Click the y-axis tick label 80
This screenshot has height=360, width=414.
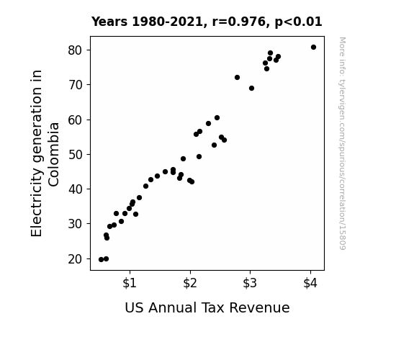pyautogui.click(x=76, y=50)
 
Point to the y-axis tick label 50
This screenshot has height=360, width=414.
pyautogui.click(x=76, y=155)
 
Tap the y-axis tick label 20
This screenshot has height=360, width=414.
pyautogui.click(x=76, y=259)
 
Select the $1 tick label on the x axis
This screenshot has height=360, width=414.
pyautogui.click(x=130, y=283)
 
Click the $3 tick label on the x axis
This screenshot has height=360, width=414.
pyautogui.click(x=250, y=283)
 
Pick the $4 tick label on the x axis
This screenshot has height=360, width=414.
pyautogui.click(x=310, y=283)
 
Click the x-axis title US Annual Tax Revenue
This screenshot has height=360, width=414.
pyautogui.click(x=207, y=307)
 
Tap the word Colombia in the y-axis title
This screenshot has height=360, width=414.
pyautogui.click(x=53, y=155)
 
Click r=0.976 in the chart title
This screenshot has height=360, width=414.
pyautogui.click(x=239, y=22)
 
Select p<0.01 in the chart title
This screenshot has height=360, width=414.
pyautogui.click(x=298, y=22)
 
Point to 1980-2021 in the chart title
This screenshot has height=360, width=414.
pyautogui.click(x=167, y=22)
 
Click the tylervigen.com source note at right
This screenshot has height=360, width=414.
pyautogui.click(x=343, y=143)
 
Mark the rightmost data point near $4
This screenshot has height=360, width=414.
pyautogui.click(x=313, y=48)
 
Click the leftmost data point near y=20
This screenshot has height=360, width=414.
pyautogui.click(x=101, y=260)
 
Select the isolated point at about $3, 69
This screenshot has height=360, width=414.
pyautogui.click(x=251, y=89)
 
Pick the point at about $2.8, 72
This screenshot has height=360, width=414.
pyautogui.click(x=237, y=77)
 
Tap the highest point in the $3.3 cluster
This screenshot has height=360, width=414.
pyautogui.click(x=270, y=53)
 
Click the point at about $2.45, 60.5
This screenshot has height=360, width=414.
pyautogui.click(x=217, y=118)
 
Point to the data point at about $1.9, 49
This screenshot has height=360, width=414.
pyautogui.click(x=183, y=158)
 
